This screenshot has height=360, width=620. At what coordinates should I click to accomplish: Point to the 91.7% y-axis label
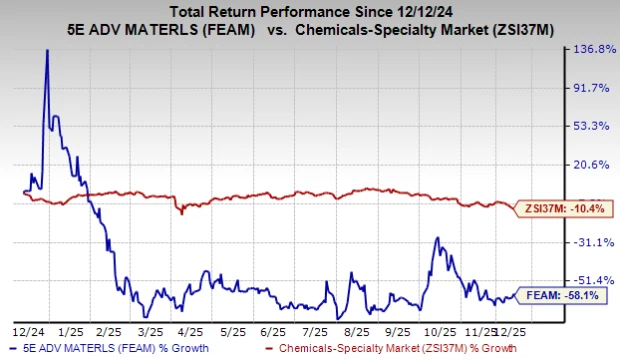(x=588, y=88)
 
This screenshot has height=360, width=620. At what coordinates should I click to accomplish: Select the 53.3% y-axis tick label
(x=588, y=126)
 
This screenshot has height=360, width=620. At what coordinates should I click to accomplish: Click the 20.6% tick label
(x=588, y=164)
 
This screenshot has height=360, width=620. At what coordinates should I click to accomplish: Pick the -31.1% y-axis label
(x=588, y=242)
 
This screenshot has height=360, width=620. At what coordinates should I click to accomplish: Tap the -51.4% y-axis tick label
(x=588, y=280)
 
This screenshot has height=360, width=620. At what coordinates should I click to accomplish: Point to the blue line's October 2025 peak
(x=436, y=238)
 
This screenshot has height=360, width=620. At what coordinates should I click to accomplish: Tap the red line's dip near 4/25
(x=181, y=212)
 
